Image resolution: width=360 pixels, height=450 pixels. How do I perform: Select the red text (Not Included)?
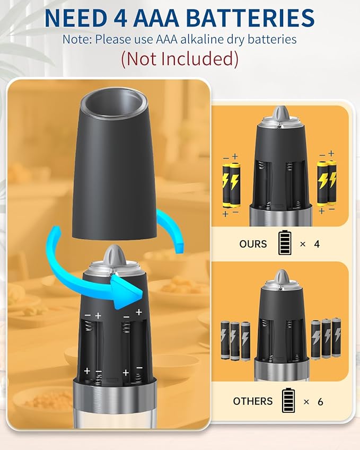click(180, 59)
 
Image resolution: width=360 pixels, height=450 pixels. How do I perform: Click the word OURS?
click(253, 244)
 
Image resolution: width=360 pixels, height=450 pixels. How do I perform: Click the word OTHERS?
click(252, 401)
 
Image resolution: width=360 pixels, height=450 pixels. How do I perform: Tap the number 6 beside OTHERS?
click(320, 401)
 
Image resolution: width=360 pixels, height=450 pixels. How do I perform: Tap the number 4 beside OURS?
click(317, 244)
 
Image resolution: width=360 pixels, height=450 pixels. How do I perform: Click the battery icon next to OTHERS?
click(288, 400)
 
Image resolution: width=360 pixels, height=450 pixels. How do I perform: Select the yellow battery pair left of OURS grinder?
click(231, 185)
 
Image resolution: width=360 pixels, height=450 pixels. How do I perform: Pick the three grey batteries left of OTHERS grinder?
click(235, 341)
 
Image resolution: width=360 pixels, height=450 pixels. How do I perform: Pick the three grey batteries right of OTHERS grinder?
click(326, 338)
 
